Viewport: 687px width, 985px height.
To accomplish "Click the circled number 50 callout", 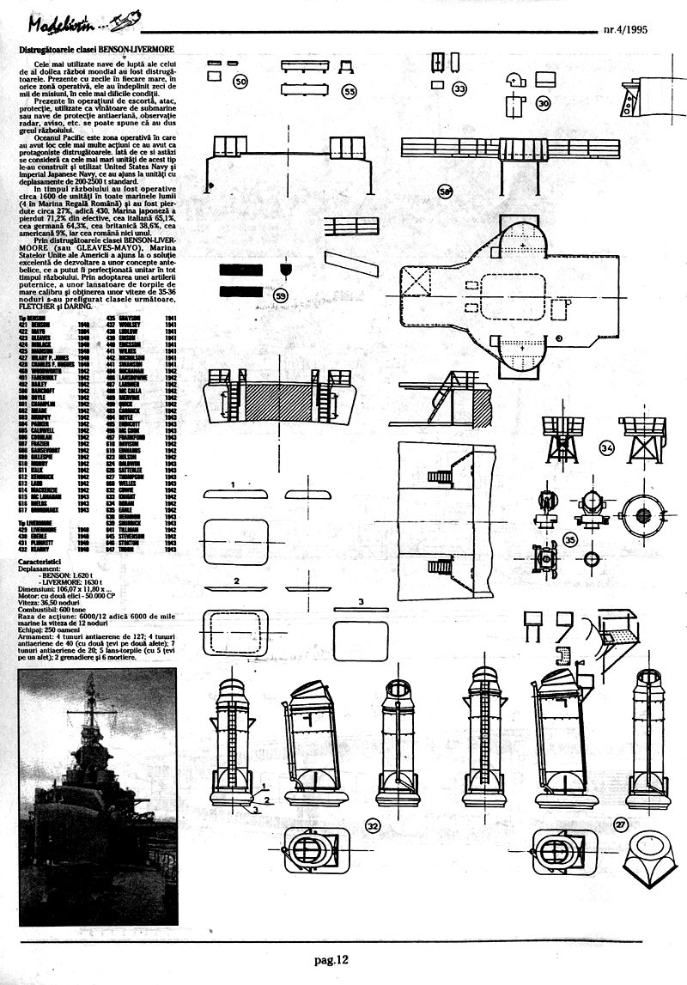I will point(241,81).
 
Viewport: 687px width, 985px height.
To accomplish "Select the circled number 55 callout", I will point(350,90).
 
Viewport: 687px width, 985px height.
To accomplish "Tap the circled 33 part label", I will point(461,88).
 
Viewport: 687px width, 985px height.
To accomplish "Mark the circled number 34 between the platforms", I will point(608,448).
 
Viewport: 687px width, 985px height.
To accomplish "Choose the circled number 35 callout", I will point(570,540).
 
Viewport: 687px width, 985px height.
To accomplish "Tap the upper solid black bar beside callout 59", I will point(240,270).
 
